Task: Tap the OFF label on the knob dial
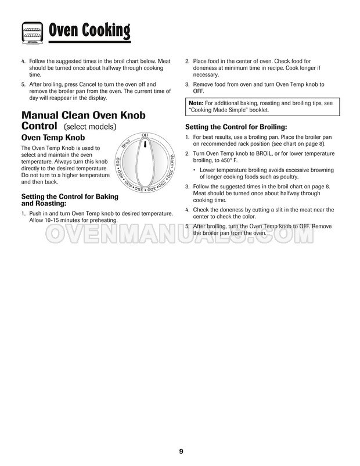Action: (x=145, y=135)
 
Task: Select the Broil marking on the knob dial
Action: (x=126, y=144)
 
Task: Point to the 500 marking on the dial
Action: (x=117, y=162)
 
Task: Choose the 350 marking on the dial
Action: (x=140, y=189)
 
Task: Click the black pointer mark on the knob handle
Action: (x=146, y=144)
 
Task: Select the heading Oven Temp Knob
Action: (x=53, y=138)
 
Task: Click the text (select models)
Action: (x=91, y=126)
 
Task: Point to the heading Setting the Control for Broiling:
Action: (x=236, y=127)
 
